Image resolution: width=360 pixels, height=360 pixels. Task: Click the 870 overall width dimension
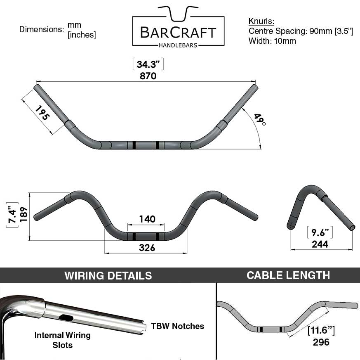coord(148,76)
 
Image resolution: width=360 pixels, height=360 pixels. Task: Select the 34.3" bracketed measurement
coord(148,64)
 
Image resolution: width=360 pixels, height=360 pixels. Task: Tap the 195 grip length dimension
coord(42,113)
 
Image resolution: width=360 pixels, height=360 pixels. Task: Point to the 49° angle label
coord(260,120)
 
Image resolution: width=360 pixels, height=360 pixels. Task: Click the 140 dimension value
coord(147,219)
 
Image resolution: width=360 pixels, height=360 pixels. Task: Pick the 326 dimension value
coord(147,248)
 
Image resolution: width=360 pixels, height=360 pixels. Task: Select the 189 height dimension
coord(24,214)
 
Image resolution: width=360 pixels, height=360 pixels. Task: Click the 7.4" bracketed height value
coord(12,215)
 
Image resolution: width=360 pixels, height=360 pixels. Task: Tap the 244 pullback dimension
coord(320,244)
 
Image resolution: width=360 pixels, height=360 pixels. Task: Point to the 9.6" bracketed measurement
coord(320,232)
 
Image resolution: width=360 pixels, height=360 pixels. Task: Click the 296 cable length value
coord(321,342)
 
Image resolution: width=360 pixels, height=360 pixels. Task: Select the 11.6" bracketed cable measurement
coord(321,330)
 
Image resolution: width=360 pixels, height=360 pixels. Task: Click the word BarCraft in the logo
coord(178,33)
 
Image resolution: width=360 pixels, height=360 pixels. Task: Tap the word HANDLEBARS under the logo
coord(178,45)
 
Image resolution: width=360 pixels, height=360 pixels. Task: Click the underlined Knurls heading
coord(261,21)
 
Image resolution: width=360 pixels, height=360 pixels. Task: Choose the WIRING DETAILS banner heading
coord(108,275)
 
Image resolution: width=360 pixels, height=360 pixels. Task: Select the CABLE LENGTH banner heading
coord(288,275)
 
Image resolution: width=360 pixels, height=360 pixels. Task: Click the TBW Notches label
coord(177,326)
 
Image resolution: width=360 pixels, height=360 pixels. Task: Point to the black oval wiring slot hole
coord(66,318)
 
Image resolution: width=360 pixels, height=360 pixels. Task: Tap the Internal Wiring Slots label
coord(62,340)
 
